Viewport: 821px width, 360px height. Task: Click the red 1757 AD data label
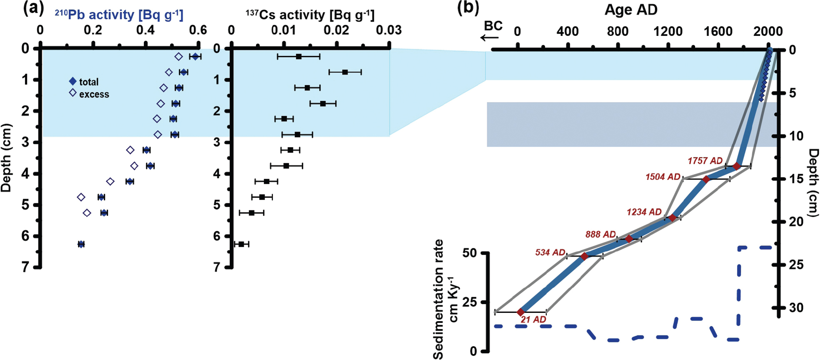point(705,161)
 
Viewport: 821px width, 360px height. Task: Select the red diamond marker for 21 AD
point(521,312)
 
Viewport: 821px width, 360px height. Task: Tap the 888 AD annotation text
point(600,235)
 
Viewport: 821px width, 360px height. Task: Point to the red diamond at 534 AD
point(584,256)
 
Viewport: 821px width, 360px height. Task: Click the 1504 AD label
point(663,177)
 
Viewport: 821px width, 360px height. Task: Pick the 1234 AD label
point(644,212)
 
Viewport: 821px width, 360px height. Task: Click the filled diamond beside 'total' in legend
point(73,81)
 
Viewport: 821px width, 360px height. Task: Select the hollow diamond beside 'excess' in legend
point(73,92)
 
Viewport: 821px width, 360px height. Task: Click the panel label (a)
point(33,8)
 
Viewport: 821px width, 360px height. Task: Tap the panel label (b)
point(468,8)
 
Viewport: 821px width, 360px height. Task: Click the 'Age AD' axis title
point(631,10)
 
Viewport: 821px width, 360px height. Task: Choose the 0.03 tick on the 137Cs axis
point(389,30)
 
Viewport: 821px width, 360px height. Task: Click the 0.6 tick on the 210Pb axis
point(198,30)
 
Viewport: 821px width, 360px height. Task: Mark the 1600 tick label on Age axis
point(718,31)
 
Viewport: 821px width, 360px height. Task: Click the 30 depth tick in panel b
point(796,308)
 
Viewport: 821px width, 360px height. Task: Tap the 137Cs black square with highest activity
point(345,72)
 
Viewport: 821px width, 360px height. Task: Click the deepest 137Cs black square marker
point(241,244)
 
